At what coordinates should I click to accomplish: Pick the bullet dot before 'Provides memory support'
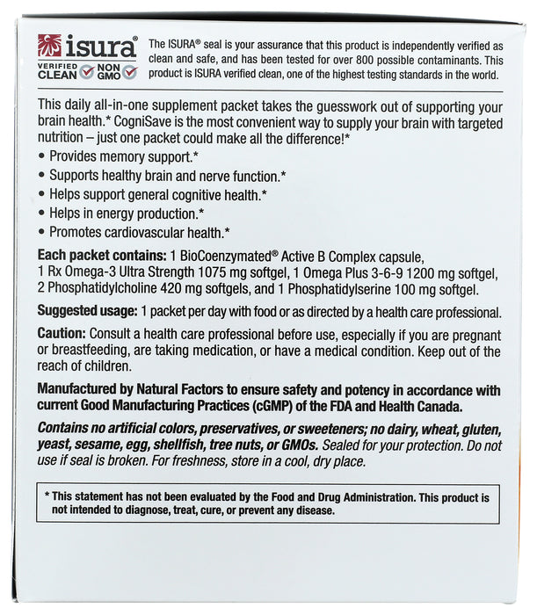tap(42, 156)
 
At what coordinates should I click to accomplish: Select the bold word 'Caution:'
tap(62, 335)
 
